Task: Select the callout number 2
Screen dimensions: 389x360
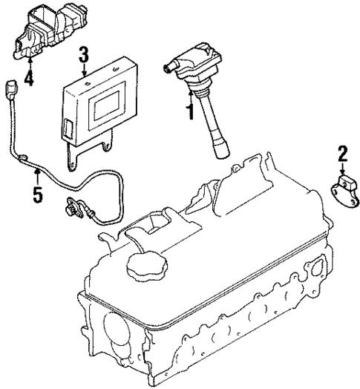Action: point(342,155)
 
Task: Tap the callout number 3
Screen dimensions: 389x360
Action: point(84,54)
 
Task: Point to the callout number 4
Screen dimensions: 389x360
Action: point(29,76)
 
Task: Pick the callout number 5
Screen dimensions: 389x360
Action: point(38,196)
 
